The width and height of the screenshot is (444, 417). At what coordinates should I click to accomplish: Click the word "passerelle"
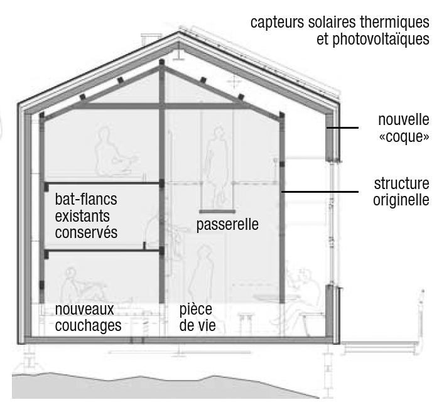click(x=227, y=224)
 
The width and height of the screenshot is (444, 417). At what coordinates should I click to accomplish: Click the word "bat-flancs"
click(x=86, y=200)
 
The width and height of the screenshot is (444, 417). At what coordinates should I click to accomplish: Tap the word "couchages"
click(x=88, y=326)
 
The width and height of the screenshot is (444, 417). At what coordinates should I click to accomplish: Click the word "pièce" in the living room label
click(x=195, y=309)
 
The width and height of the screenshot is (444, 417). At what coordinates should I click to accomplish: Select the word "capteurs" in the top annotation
click(x=278, y=22)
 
